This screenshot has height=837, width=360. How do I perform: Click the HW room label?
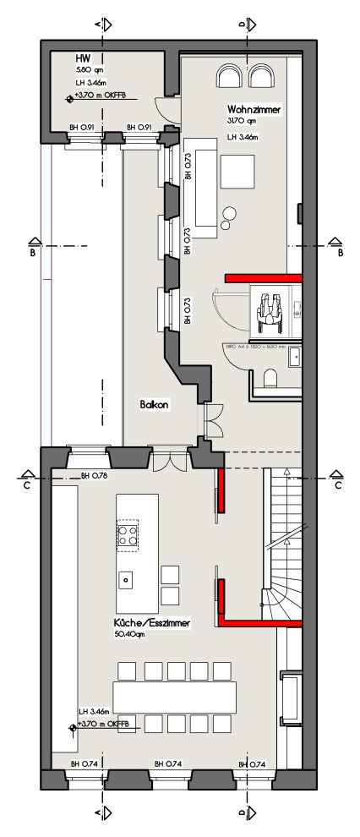tap(83, 58)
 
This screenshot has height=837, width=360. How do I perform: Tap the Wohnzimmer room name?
tap(254, 110)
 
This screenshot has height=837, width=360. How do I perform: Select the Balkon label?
tap(155, 405)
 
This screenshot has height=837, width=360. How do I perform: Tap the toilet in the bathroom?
tap(270, 377)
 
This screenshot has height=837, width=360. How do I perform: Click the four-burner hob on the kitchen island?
tap(128, 534)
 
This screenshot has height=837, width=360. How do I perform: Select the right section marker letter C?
tap(337, 486)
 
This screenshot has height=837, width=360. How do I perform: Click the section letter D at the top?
tap(242, 26)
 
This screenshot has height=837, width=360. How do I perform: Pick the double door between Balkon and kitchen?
tap(172, 462)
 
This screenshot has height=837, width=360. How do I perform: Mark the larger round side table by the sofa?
tap(229, 213)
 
